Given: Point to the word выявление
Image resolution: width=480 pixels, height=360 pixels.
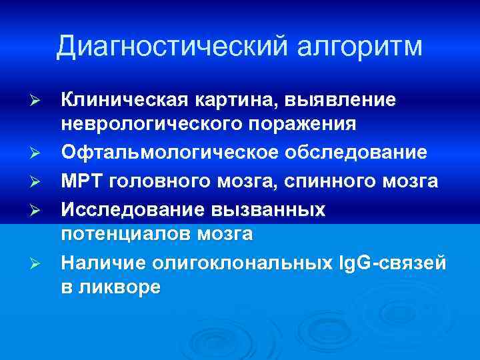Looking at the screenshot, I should tap(340, 99).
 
